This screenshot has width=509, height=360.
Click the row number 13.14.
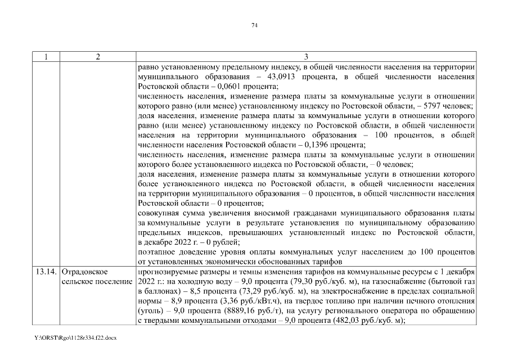(x=46, y=273)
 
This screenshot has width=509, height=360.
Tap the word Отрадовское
(x=85, y=273)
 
